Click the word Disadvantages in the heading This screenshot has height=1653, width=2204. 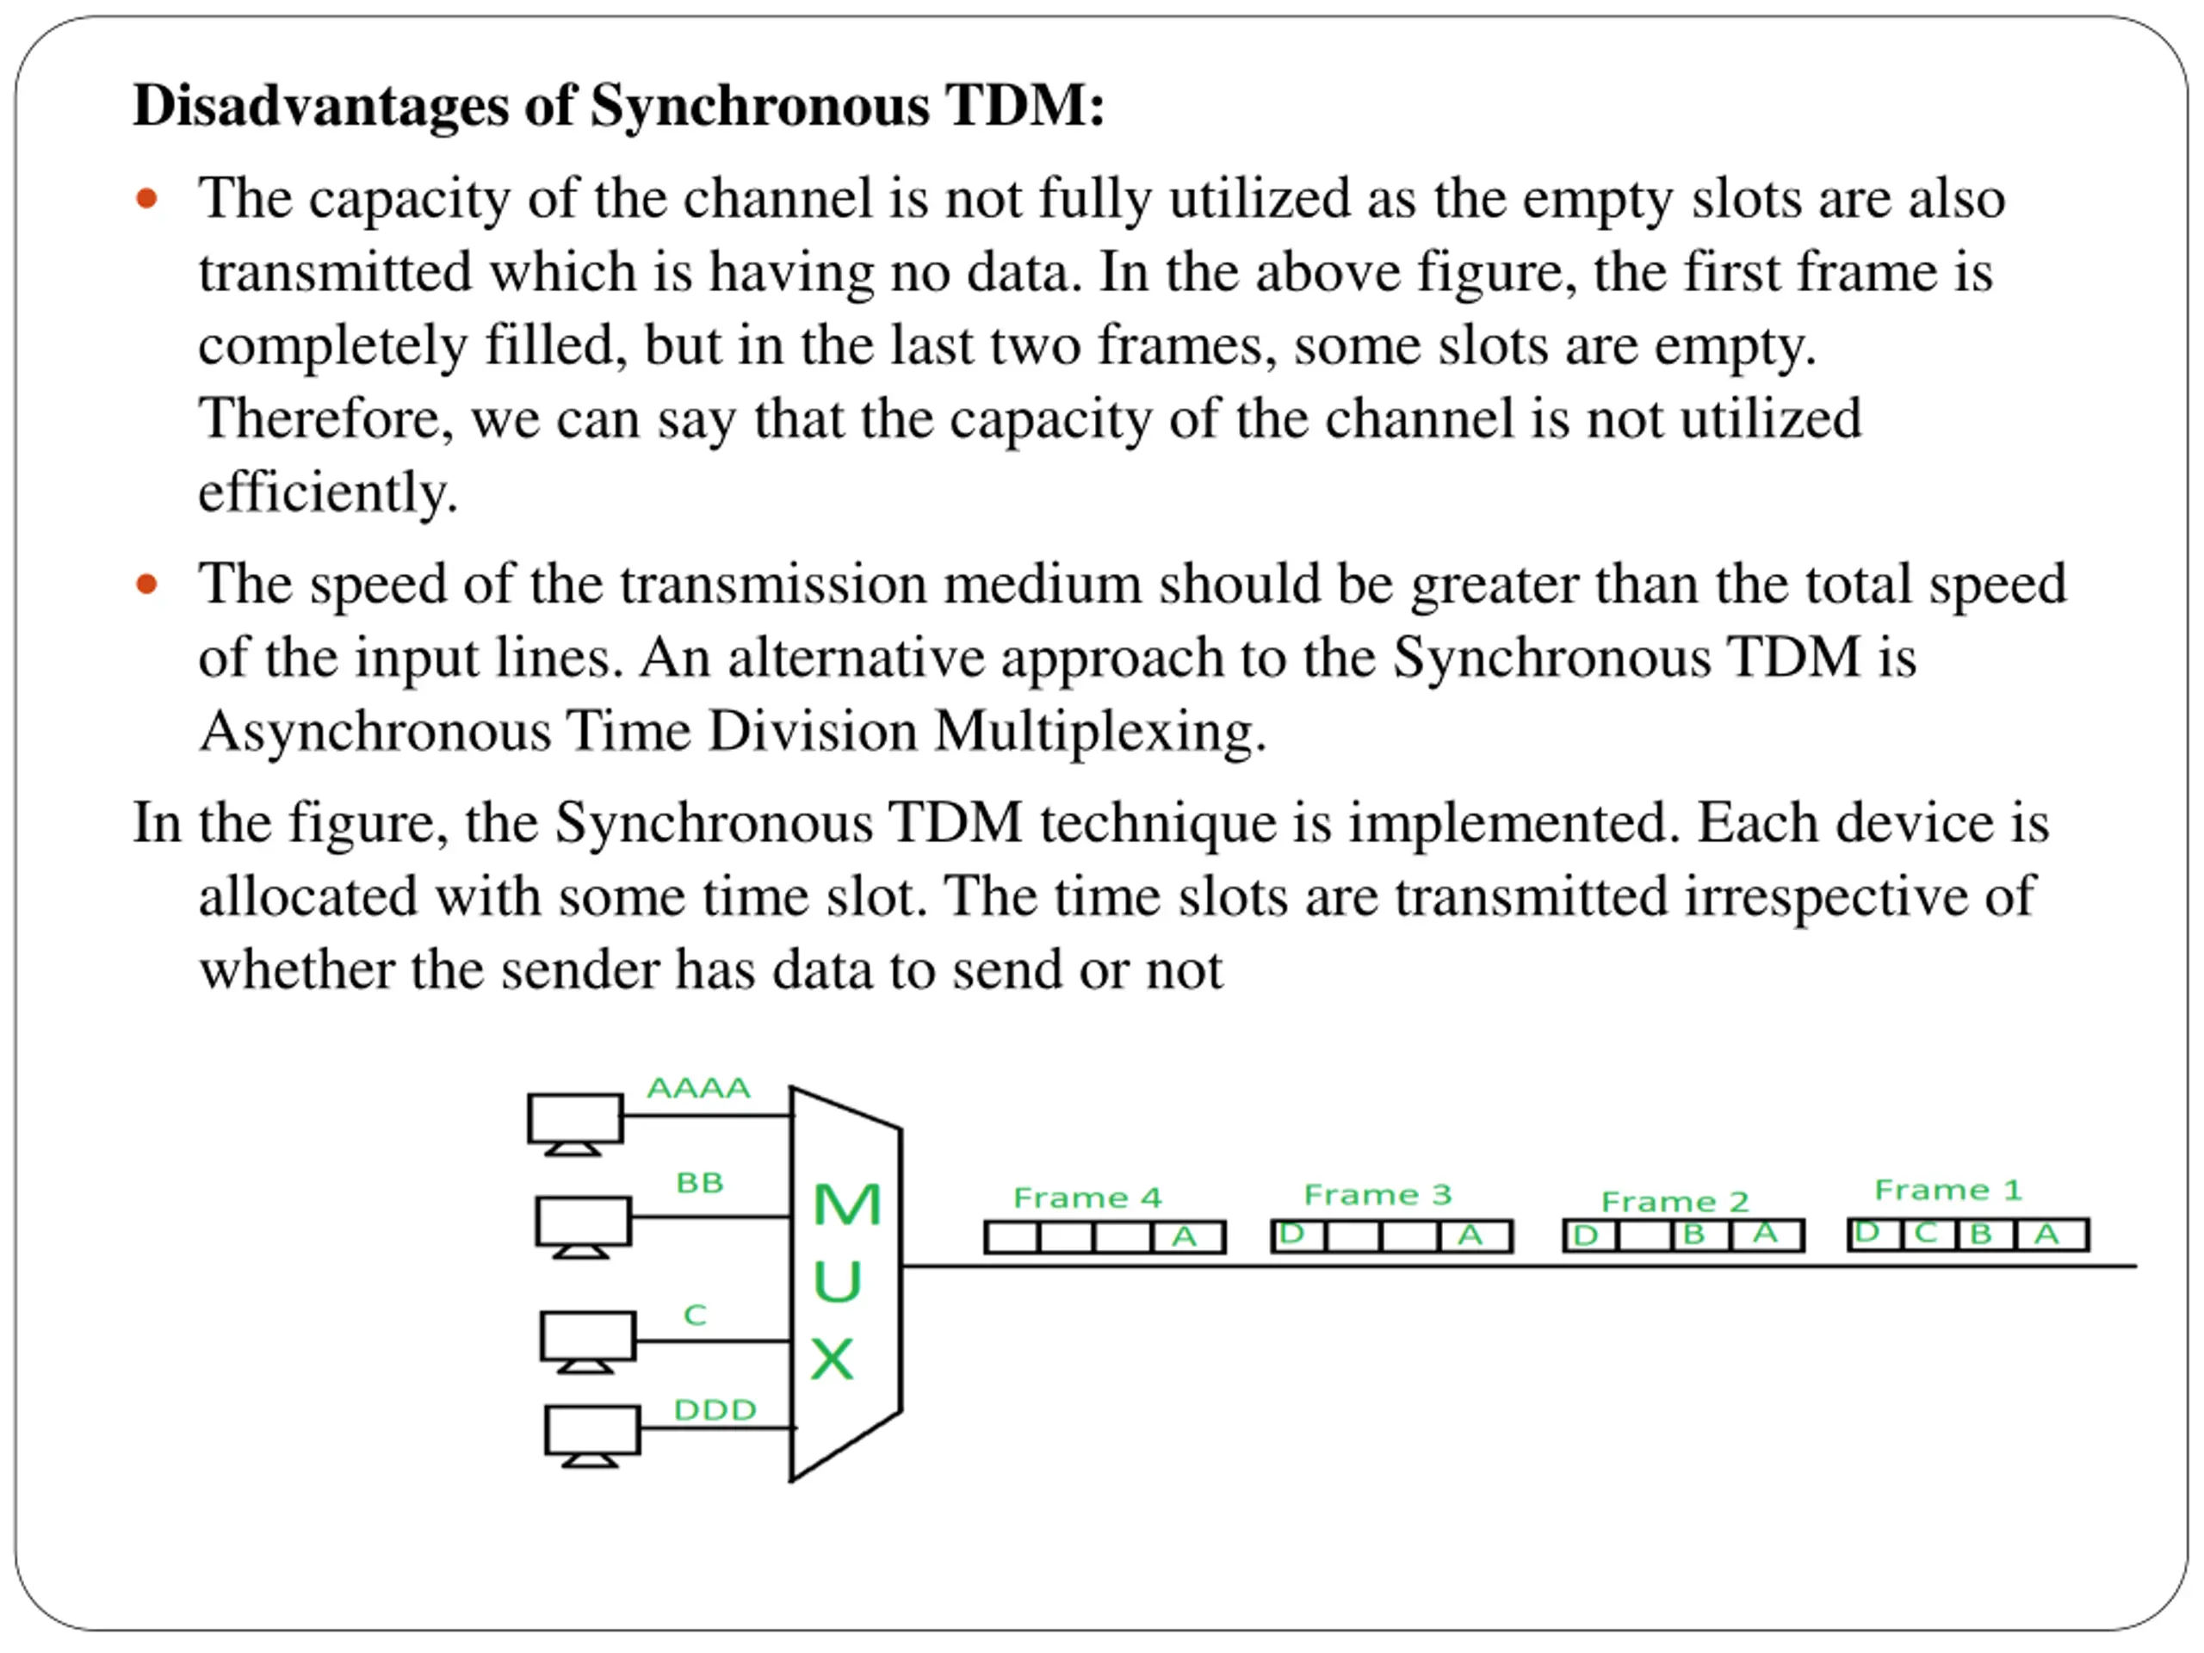point(322,106)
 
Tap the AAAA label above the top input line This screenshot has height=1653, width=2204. point(697,1088)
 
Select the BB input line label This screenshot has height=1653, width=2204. point(699,1183)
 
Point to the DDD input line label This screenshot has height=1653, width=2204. point(715,1410)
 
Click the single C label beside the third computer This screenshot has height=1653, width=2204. point(695,1316)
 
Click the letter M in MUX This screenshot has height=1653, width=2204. point(846,1204)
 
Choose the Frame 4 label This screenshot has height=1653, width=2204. point(1087,1198)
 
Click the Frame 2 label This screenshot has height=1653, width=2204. point(1674,1202)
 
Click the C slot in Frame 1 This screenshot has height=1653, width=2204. point(1926,1234)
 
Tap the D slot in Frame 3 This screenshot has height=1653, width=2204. point(1292,1235)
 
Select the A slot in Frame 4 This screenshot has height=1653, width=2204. point(1185,1237)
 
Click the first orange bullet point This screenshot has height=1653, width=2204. point(146,198)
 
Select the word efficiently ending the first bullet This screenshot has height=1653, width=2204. point(328,492)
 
